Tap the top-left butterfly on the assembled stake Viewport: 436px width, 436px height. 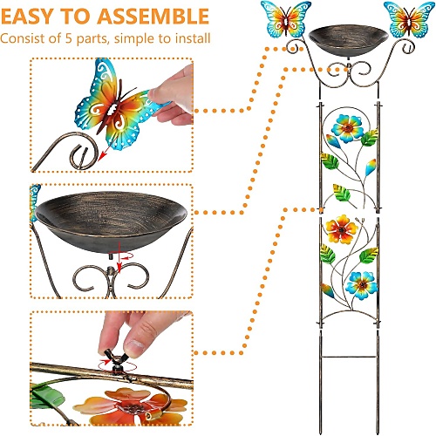286,18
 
